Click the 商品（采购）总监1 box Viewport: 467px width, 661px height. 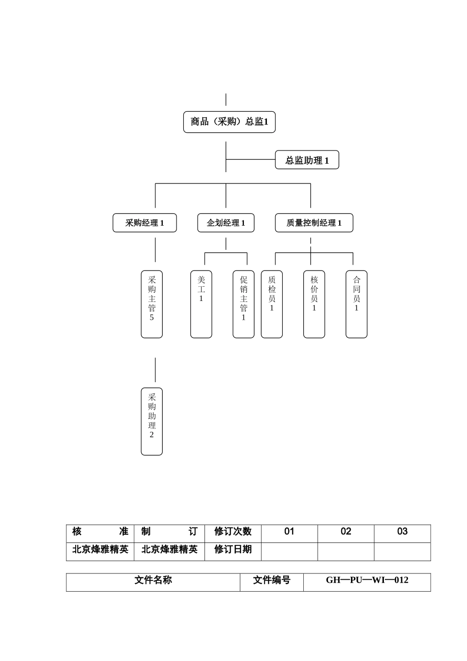[x=229, y=122]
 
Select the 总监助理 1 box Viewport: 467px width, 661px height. [x=307, y=160]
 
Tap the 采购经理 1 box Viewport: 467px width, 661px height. [x=145, y=223]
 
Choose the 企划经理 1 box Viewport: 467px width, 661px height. [x=226, y=223]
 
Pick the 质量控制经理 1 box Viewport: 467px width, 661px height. [x=314, y=223]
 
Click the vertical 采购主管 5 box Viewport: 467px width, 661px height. [x=151, y=304]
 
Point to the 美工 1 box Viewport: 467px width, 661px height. [x=201, y=304]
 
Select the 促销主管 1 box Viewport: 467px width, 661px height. [x=243, y=304]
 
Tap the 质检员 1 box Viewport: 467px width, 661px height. [x=271, y=304]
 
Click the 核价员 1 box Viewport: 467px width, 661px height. [x=314, y=304]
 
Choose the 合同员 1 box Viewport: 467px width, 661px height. [x=356, y=304]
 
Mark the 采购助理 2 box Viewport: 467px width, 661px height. [x=151, y=421]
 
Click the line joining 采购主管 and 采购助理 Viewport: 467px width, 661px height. [x=155, y=369]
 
